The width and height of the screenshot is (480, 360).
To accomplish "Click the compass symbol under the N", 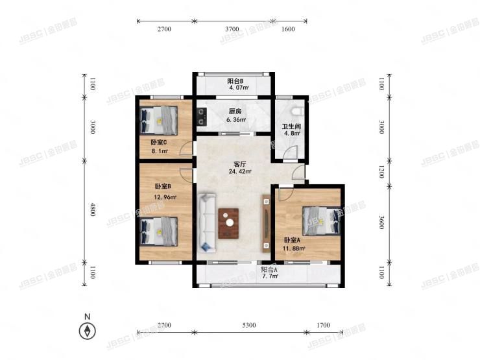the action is click(x=88, y=331).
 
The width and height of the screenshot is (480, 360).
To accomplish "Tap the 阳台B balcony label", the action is click(x=235, y=81).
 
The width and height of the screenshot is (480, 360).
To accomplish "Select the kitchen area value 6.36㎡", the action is click(x=236, y=120).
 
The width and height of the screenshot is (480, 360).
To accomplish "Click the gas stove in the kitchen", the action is click(x=202, y=117).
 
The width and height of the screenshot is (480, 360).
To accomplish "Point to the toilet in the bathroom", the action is click(x=298, y=111).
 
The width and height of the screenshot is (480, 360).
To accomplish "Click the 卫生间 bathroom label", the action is click(x=291, y=126).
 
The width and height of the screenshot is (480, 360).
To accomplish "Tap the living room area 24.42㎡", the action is click(x=240, y=171).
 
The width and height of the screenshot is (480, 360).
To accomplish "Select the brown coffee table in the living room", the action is click(x=228, y=224).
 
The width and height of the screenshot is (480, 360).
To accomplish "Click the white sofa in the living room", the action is click(x=208, y=223).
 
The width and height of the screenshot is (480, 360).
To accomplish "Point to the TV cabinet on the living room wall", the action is click(x=266, y=224).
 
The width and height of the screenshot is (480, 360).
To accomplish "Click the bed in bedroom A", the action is click(x=322, y=221).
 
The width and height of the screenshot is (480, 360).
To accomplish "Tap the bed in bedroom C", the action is click(x=159, y=120).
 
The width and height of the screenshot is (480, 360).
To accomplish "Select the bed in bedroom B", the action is click(x=159, y=232).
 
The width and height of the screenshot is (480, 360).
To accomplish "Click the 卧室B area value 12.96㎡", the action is click(x=165, y=197).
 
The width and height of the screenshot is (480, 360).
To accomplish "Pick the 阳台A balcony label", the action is click(x=269, y=270).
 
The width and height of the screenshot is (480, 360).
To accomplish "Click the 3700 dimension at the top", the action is click(x=232, y=29).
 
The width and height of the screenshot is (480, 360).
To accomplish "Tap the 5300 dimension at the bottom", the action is click(x=249, y=325).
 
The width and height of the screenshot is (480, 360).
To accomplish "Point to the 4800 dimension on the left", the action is click(x=93, y=210).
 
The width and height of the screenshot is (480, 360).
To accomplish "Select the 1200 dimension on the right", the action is click(x=381, y=172).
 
